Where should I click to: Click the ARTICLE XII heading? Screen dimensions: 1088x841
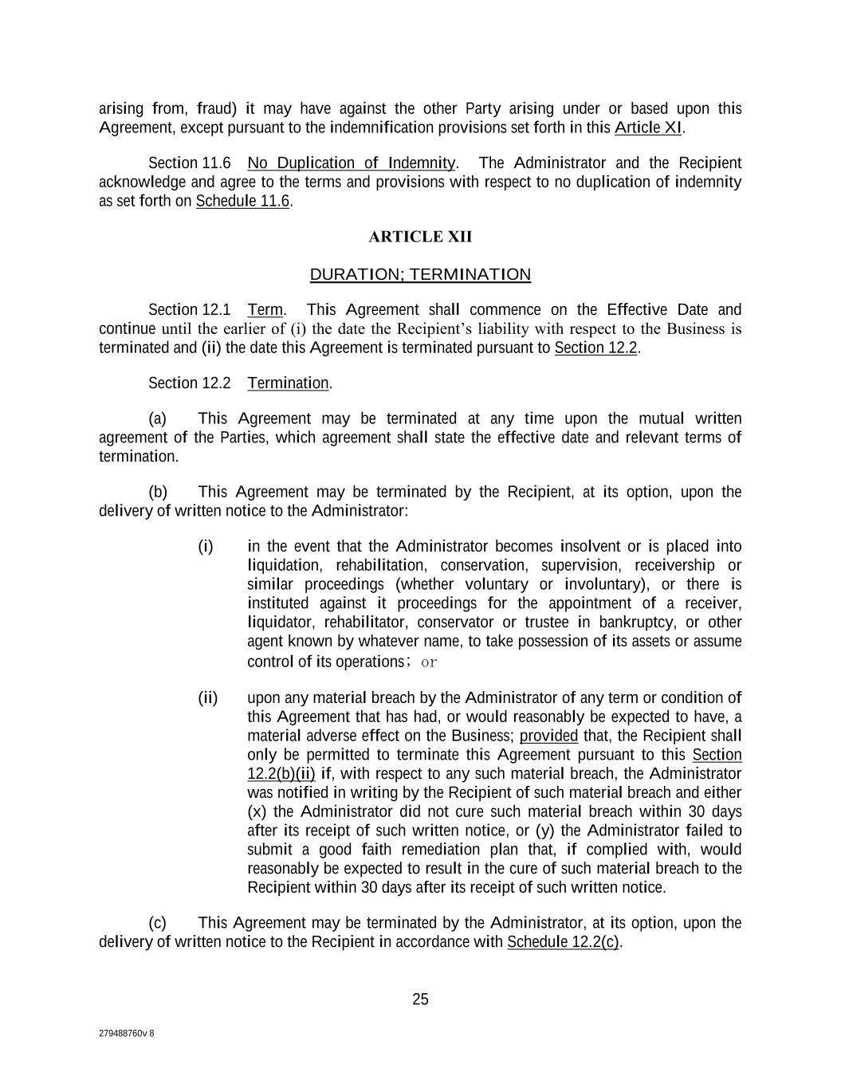(x=420, y=237)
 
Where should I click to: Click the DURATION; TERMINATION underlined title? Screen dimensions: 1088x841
(x=420, y=275)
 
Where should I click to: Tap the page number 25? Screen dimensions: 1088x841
(x=420, y=1000)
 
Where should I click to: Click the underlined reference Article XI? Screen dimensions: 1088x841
(x=648, y=128)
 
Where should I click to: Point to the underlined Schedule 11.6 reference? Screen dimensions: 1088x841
(x=242, y=201)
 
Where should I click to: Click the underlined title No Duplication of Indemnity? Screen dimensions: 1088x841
(x=351, y=163)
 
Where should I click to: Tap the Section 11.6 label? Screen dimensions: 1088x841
(x=190, y=163)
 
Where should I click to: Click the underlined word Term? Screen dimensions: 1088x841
(x=265, y=310)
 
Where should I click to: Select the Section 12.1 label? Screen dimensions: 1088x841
(x=190, y=310)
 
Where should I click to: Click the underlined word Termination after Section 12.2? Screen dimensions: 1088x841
(x=288, y=383)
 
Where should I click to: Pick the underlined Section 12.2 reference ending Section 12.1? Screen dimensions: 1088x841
(x=595, y=348)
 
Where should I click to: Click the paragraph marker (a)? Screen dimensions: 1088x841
(x=157, y=419)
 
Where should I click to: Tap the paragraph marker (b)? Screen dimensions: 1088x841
(x=157, y=492)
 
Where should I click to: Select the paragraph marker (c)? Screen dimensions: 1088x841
(x=157, y=923)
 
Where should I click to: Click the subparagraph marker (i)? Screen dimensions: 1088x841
(x=206, y=547)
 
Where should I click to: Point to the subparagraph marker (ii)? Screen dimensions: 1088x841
(x=207, y=699)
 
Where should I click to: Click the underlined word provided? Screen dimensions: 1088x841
(x=548, y=736)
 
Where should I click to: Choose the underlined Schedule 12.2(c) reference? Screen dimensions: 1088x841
(x=563, y=942)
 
